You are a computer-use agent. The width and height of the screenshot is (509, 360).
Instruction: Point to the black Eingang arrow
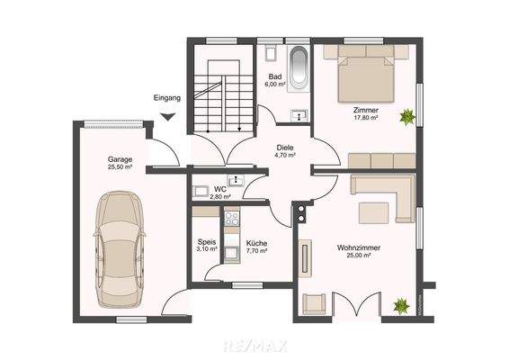167,114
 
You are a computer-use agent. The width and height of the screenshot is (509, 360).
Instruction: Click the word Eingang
167,96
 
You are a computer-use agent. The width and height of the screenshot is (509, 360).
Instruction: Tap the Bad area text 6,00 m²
275,85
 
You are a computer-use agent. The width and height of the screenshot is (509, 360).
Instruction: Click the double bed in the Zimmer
365,76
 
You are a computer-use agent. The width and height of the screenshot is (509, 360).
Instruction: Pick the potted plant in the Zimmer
407,115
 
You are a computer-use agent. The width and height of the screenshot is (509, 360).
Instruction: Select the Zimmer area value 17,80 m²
365,117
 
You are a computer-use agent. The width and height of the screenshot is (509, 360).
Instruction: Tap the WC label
219,189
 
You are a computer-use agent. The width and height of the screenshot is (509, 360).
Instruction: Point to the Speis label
206,242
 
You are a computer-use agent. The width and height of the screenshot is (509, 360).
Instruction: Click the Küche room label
256,243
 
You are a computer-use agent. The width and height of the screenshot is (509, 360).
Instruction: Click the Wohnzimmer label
356,247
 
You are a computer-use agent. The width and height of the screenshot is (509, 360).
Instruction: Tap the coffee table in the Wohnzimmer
371,212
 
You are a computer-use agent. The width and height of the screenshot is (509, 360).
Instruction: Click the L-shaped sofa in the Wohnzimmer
382,189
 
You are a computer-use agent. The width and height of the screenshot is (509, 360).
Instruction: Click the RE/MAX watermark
254,344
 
